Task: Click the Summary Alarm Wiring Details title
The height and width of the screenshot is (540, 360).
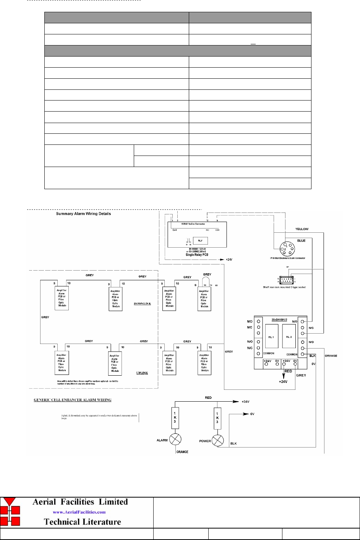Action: pyautogui.click(x=83, y=214)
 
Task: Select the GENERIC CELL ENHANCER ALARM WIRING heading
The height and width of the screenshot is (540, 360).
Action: pyautogui.click(x=73, y=400)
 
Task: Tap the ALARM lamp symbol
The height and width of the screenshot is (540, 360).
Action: pyautogui.click(x=175, y=439)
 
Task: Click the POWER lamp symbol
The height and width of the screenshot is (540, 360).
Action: pyautogui.click(x=217, y=441)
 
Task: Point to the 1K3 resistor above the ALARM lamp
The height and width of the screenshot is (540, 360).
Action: pyautogui.click(x=175, y=417)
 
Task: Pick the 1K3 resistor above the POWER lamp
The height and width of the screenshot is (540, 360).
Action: pyautogui.click(x=217, y=417)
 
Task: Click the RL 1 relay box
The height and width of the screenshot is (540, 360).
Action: pyautogui.click(x=271, y=337)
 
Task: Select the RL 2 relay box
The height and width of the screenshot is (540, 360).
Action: pyautogui.click(x=289, y=337)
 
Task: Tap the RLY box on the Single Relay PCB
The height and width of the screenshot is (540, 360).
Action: pyautogui.click(x=200, y=240)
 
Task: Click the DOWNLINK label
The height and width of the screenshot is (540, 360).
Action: pyautogui.click(x=142, y=304)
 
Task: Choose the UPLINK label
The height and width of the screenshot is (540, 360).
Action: pyautogui.click(x=142, y=373)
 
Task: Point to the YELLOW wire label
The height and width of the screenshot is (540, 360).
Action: pyautogui.click(x=302, y=229)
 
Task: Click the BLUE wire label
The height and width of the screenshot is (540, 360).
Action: pyautogui.click(x=301, y=241)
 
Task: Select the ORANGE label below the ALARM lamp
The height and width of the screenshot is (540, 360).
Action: pyautogui.click(x=182, y=452)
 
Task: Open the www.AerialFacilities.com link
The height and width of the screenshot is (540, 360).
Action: pyautogui.click(x=79, y=512)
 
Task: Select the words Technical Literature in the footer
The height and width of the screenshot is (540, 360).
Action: pyautogui.click(x=82, y=522)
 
